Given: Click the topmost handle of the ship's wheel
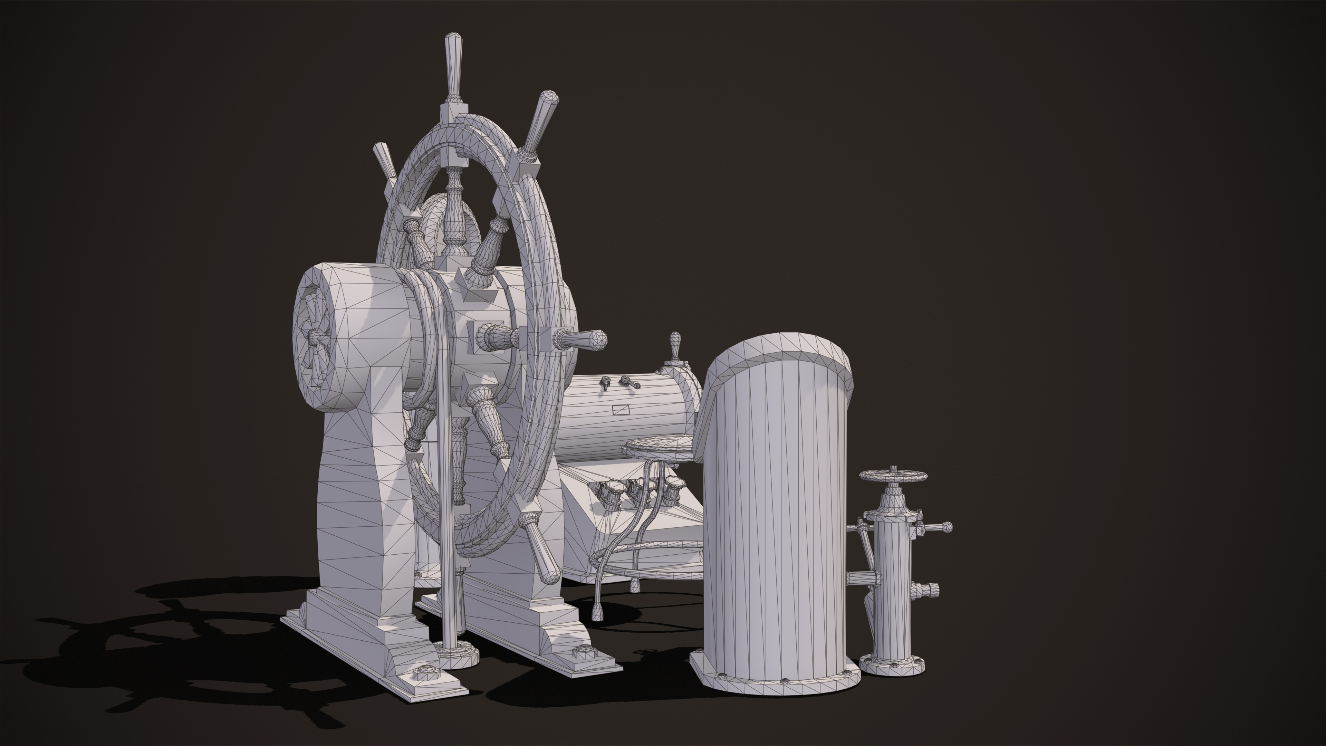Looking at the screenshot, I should pyautogui.click(x=453, y=64).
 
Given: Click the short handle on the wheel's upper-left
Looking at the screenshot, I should pyautogui.click(x=384, y=159).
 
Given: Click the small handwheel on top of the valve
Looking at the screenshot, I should pyautogui.click(x=893, y=475).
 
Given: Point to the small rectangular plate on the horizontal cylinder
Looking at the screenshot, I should pyautogui.click(x=621, y=409).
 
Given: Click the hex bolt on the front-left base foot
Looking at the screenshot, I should pyautogui.click(x=426, y=672).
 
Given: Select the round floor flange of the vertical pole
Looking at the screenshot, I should pyautogui.click(x=456, y=654).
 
